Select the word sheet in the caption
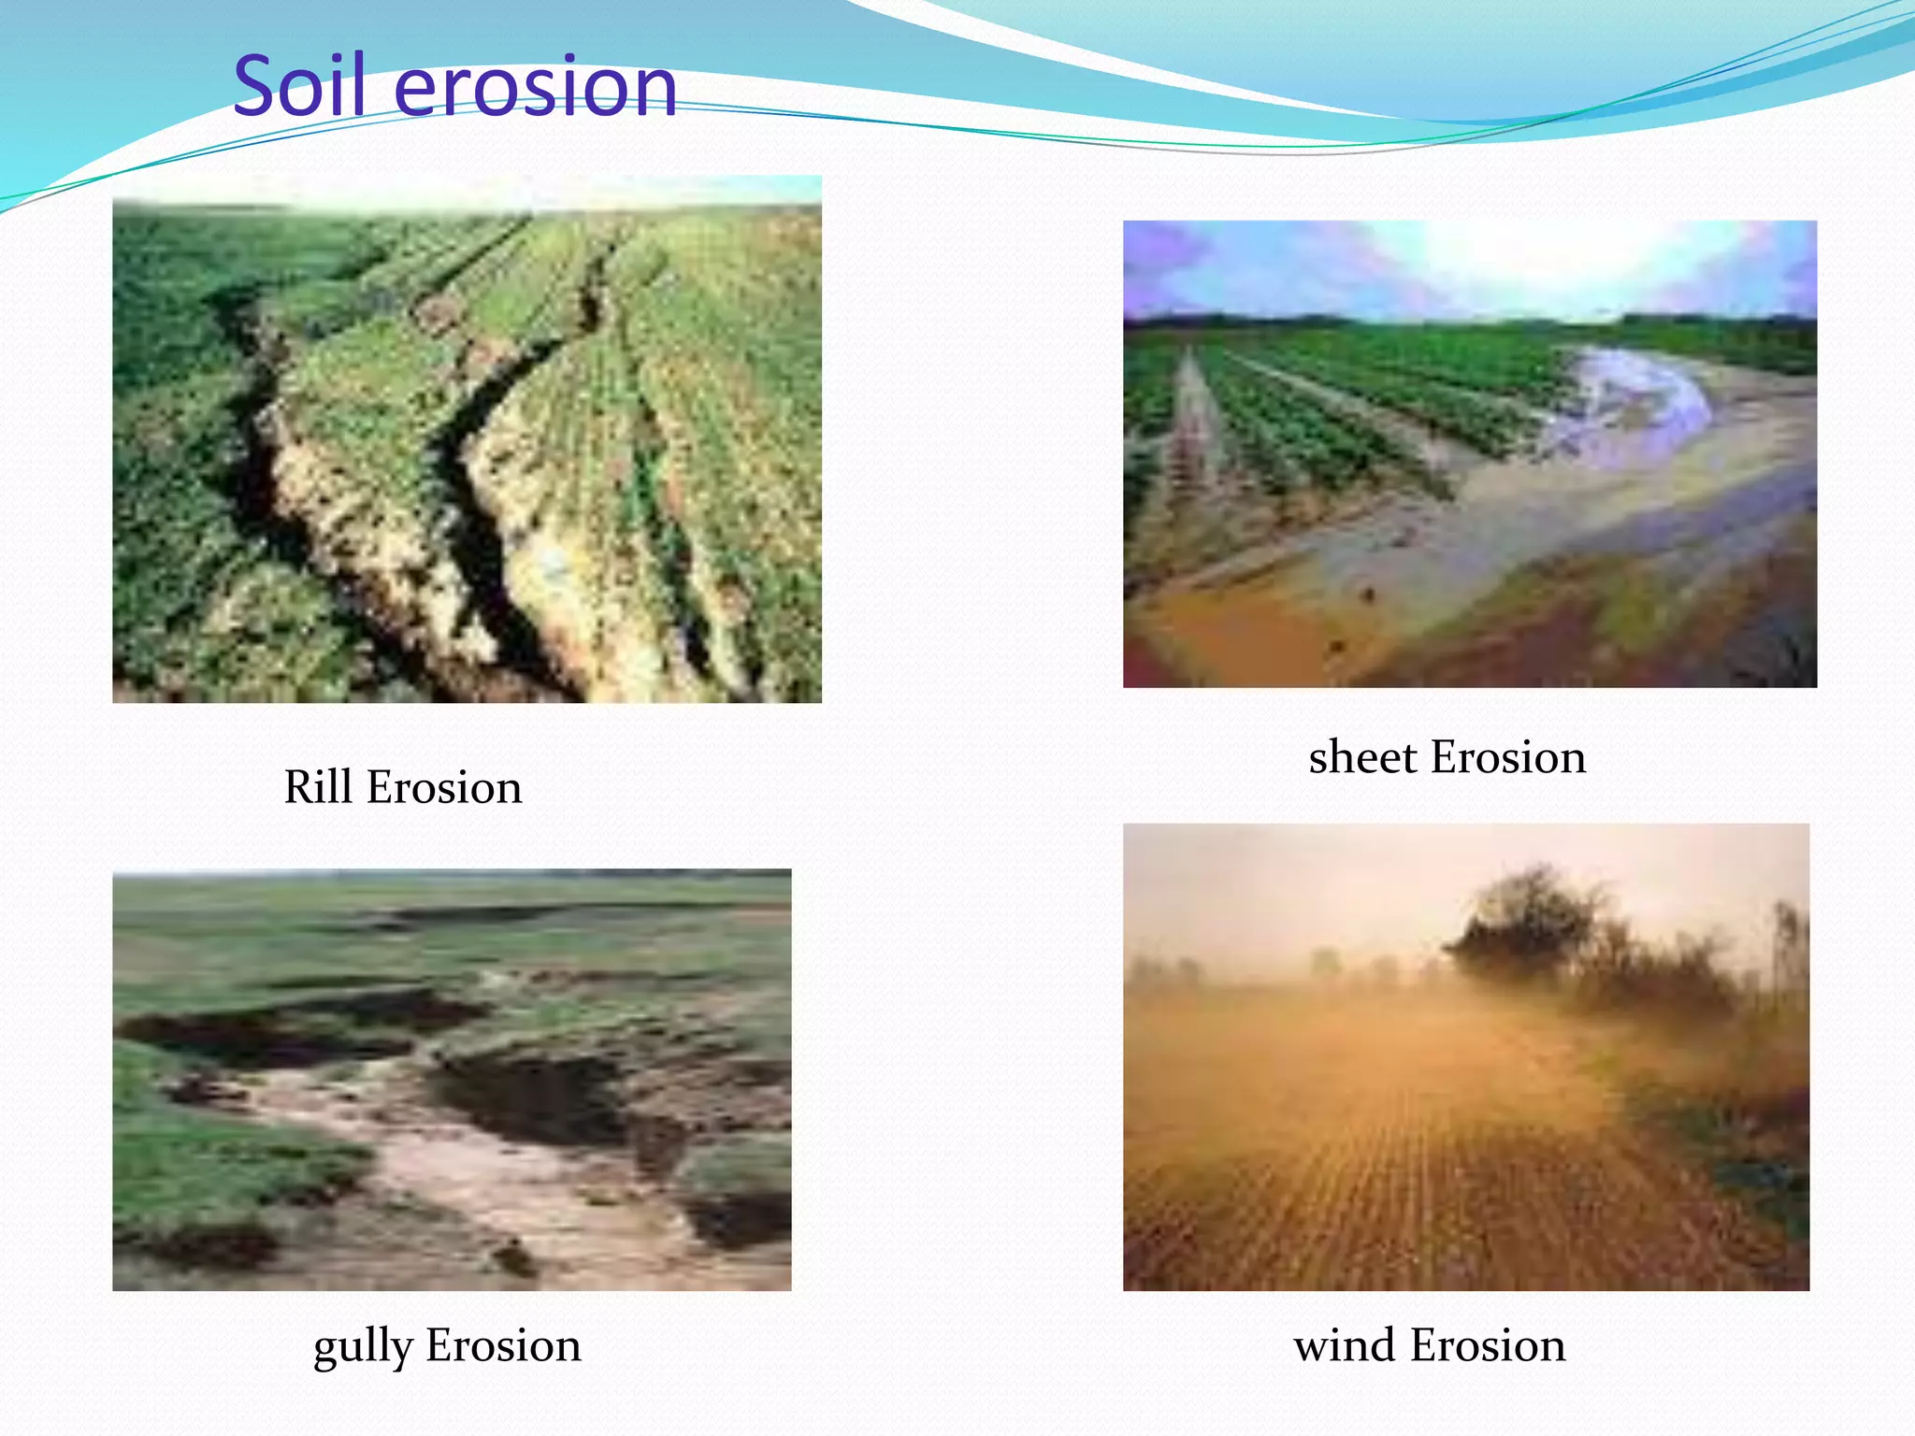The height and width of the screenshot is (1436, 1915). click(1362, 757)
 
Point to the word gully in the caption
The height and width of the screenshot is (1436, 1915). click(363, 1346)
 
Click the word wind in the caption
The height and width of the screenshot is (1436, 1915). click(1345, 1346)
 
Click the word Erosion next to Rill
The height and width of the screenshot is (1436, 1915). click(443, 787)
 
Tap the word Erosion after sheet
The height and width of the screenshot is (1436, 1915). click(1508, 757)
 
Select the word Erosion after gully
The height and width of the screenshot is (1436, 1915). click(503, 1346)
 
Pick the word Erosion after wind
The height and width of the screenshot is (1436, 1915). click(1487, 1346)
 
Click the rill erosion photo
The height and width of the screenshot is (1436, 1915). click(467, 439)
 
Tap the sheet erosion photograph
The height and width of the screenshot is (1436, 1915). click(1469, 454)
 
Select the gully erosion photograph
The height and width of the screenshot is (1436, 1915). click(452, 1080)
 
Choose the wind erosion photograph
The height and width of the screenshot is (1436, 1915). click(1465, 1056)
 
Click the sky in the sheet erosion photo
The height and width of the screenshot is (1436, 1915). click(1468, 266)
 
